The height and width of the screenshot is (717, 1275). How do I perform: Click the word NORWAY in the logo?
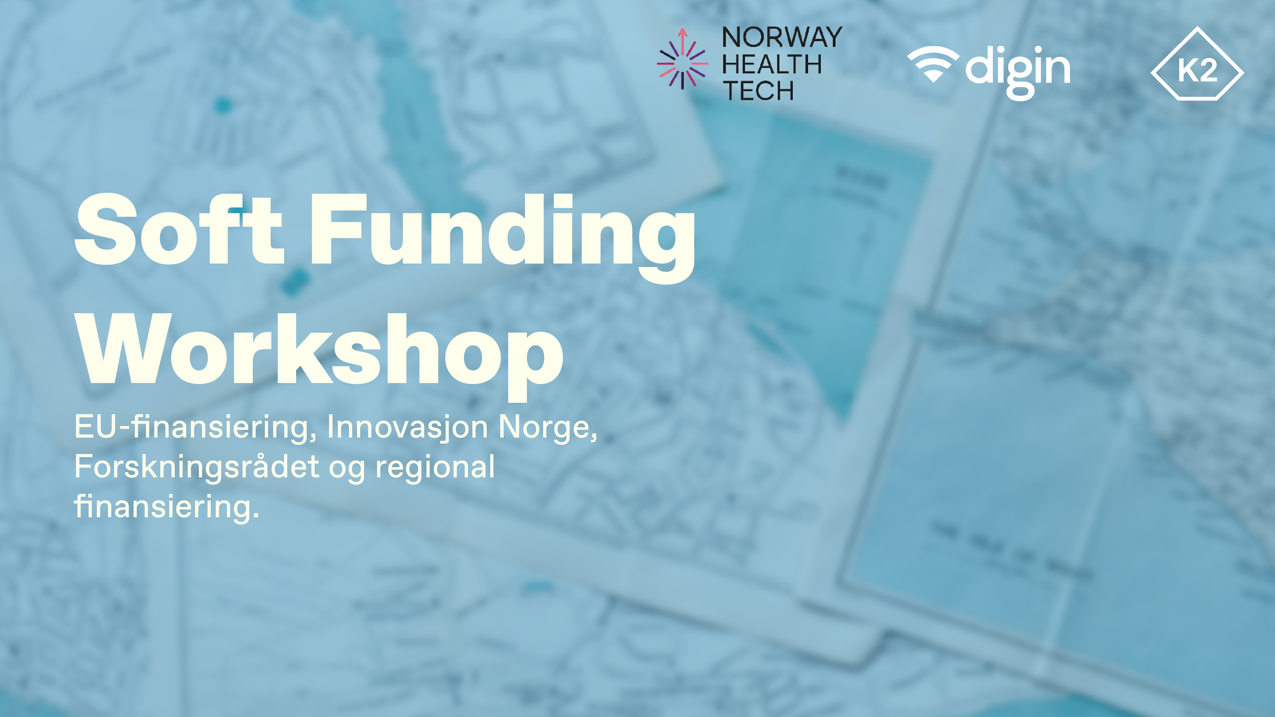click(x=782, y=38)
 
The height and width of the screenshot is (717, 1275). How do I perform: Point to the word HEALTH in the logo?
click(x=772, y=64)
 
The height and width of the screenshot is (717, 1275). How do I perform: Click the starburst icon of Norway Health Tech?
click(x=682, y=59)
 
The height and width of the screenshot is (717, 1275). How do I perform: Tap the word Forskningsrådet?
click(x=196, y=467)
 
